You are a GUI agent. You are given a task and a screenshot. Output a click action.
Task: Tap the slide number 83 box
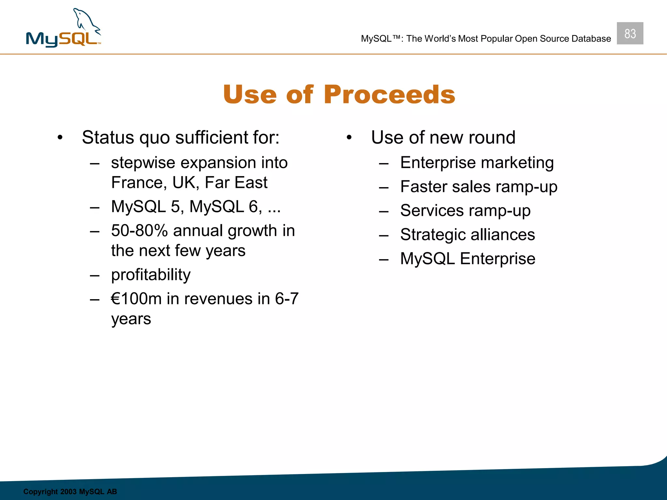630,33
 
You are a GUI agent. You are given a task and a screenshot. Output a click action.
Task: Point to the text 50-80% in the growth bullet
139,231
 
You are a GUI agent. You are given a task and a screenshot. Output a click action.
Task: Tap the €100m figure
136,299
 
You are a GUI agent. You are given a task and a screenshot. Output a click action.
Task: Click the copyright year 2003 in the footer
68,492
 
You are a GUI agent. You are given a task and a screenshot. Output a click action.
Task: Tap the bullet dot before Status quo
60,138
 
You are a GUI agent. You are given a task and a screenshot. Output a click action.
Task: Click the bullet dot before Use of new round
349,138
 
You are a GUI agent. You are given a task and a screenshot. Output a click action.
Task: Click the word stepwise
143,163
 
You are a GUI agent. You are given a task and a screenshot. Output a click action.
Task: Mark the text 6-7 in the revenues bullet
287,299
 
